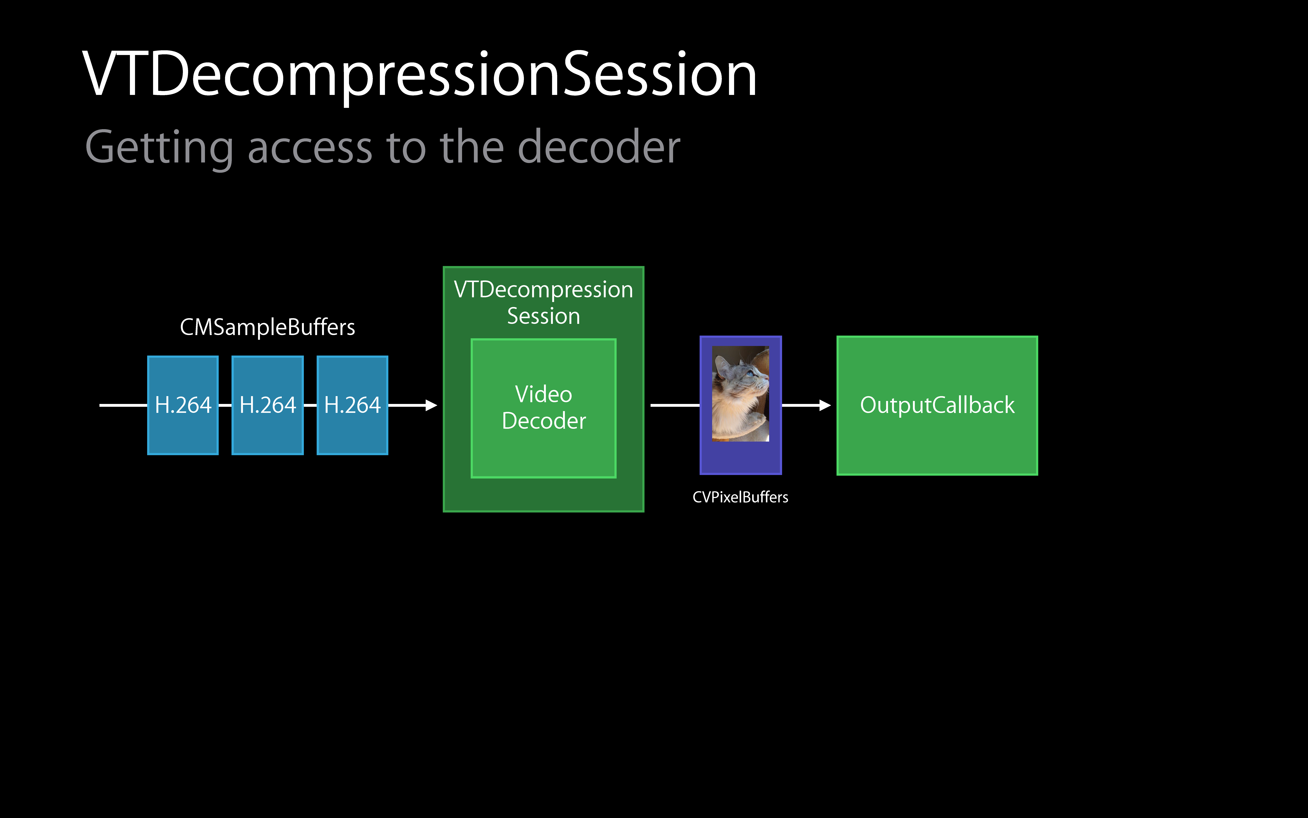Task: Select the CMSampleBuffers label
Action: coord(267,327)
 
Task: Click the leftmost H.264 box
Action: coord(183,405)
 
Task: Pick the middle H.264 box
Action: coord(268,405)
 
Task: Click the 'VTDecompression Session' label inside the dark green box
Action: coord(543,302)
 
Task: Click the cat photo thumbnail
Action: coord(740,393)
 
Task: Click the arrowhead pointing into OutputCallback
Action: coord(825,405)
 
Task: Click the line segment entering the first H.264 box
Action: coord(123,405)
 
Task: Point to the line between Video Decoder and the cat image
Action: coord(675,405)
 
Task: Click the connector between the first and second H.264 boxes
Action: coord(225,405)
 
